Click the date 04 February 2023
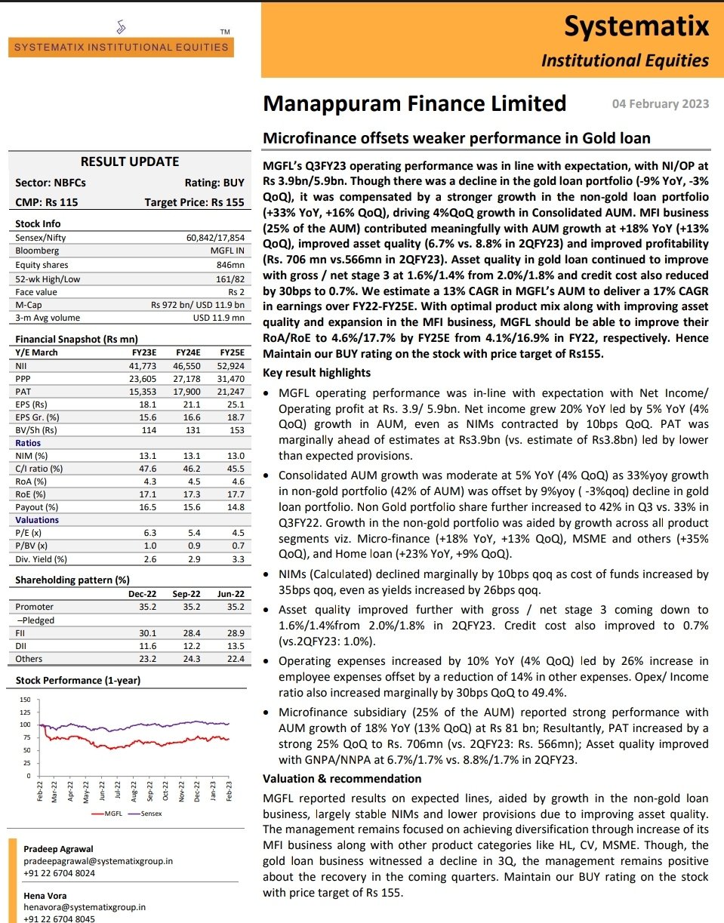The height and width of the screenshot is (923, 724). [x=659, y=104]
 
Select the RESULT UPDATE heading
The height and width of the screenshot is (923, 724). [x=130, y=162]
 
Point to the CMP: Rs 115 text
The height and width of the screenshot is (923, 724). [x=47, y=202]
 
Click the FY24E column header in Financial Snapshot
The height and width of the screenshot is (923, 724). [x=189, y=352]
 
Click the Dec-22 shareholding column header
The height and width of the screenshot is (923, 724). [x=141, y=594]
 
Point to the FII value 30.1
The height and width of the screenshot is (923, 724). [x=147, y=633]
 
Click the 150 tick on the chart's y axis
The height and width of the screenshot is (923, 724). [x=26, y=700]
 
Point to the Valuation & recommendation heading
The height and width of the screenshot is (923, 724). [x=341, y=778]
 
